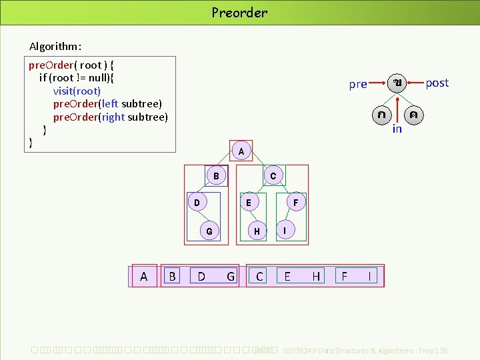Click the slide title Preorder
[x=239, y=12]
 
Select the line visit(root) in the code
[x=77, y=91]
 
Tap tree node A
[x=241, y=152]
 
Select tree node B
[x=216, y=176]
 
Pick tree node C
[x=273, y=176]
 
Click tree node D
[x=197, y=202]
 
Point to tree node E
[x=249, y=202]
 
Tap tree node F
[x=296, y=202]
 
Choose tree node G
[x=209, y=231]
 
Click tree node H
[x=257, y=231]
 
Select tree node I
[x=285, y=231]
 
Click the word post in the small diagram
[x=437, y=83]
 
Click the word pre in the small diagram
[x=358, y=84]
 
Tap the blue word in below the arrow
[x=397, y=129]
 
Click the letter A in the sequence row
[x=144, y=276]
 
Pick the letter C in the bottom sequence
[x=259, y=276]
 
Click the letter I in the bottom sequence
[x=369, y=276]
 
